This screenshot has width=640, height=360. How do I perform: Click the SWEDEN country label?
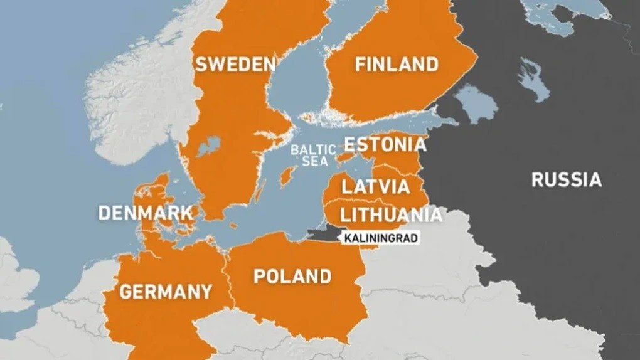tap(235, 64)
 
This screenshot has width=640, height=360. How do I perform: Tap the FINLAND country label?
tap(396, 64)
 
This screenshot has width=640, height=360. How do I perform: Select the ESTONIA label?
tap(385, 145)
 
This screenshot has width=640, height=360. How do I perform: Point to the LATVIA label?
tap(375, 186)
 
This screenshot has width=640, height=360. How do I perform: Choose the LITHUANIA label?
tap(390, 215)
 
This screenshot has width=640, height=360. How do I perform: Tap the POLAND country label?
tap(292, 276)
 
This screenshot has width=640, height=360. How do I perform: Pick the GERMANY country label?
tap(166, 292)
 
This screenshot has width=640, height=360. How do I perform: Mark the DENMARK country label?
tap(146, 213)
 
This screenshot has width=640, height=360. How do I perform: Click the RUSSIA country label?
tap(566, 180)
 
